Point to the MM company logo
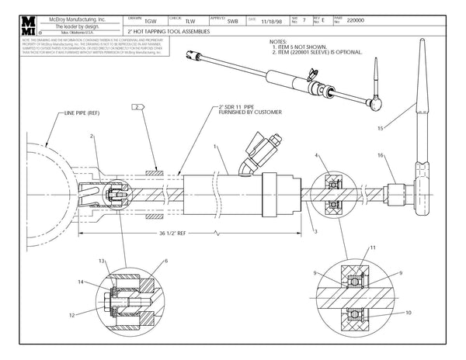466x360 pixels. pyautogui.click(x=13, y=26)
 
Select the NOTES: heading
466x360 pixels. pyautogui.click(x=276, y=43)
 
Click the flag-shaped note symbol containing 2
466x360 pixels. pyautogui.click(x=139, y=106)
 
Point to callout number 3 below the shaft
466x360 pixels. pyautogui.click(x=318, y=230)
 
